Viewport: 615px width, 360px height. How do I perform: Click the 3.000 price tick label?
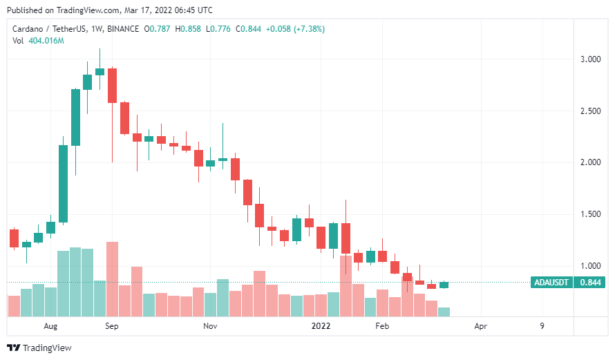coord(590,59)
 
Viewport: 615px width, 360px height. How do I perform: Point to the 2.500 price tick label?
coord(590,111)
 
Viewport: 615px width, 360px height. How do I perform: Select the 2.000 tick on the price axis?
coord(590,162)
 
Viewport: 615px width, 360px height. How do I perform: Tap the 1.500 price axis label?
coord(590,214)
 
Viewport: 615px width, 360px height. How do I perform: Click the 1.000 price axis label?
coord(590,266)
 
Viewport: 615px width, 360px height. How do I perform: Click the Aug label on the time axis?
coord(50,325)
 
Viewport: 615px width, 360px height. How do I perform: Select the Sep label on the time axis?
coord(111,325)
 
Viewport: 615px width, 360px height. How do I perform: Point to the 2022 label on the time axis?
coord(322,325)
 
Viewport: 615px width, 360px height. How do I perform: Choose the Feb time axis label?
coord(382,325)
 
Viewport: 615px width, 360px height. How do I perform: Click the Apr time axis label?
coord(481,325)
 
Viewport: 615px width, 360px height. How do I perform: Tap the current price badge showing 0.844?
coord(589,283)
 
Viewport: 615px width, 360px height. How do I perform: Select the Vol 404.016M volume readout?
coord(39,41)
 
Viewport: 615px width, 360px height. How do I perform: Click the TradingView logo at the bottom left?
coord(39,348)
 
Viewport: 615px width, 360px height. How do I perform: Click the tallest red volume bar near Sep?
coord(112,278)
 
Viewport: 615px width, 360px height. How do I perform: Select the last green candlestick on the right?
coord(444,285)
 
